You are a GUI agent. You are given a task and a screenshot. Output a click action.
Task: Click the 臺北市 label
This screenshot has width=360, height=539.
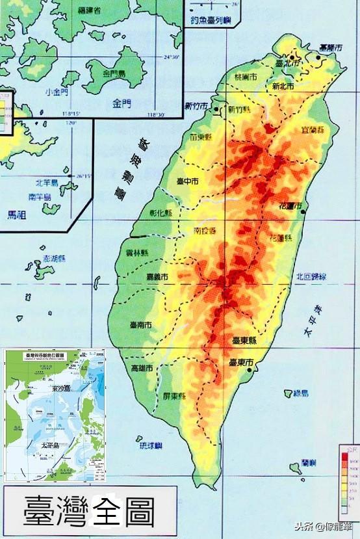[287, 64]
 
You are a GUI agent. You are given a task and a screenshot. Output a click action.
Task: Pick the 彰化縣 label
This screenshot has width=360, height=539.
[160, 213]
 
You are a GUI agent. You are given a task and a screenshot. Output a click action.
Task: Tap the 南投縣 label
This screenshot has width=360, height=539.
[205, 230]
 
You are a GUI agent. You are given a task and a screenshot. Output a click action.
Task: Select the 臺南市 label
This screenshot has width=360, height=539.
[141, 324]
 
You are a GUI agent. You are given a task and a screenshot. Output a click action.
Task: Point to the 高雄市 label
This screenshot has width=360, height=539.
[142, 368]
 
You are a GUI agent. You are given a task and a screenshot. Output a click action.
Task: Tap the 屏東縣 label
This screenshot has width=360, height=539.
[174, 396]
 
